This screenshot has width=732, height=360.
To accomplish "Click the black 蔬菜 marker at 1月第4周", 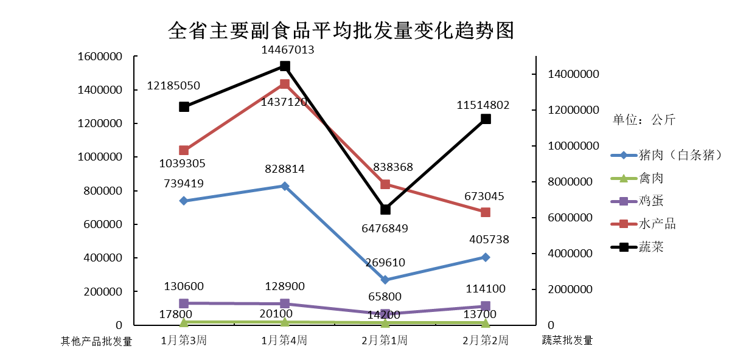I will coord(285,66).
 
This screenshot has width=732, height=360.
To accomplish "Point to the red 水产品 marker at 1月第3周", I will coord(184,150).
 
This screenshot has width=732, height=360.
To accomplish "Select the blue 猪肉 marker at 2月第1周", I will coord(385,280).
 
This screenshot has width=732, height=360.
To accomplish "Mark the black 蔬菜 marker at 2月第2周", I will coord(486,119).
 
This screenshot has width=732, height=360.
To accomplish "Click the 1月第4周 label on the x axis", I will coord(284,341).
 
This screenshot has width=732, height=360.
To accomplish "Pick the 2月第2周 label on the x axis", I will coord(485,341).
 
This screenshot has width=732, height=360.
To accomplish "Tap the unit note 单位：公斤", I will coord(644,120).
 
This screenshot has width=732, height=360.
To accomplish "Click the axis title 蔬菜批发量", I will coord(567,341).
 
